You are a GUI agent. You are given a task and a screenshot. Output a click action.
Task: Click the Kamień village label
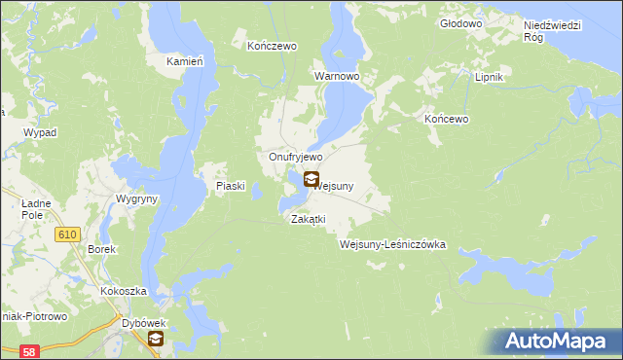tap(184, 61)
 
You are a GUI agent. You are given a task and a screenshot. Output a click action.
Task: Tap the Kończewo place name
tap(272, 46)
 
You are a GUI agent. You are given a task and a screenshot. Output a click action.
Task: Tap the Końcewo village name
tap(448, 119)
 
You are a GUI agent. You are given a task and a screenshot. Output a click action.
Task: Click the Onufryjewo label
tap(295, 157)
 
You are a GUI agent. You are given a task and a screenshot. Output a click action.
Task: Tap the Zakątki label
tap(308, 219)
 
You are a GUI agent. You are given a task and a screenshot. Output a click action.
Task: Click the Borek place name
tap(102, 249)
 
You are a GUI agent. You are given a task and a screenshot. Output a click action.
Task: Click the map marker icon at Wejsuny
tap(311, 179)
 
